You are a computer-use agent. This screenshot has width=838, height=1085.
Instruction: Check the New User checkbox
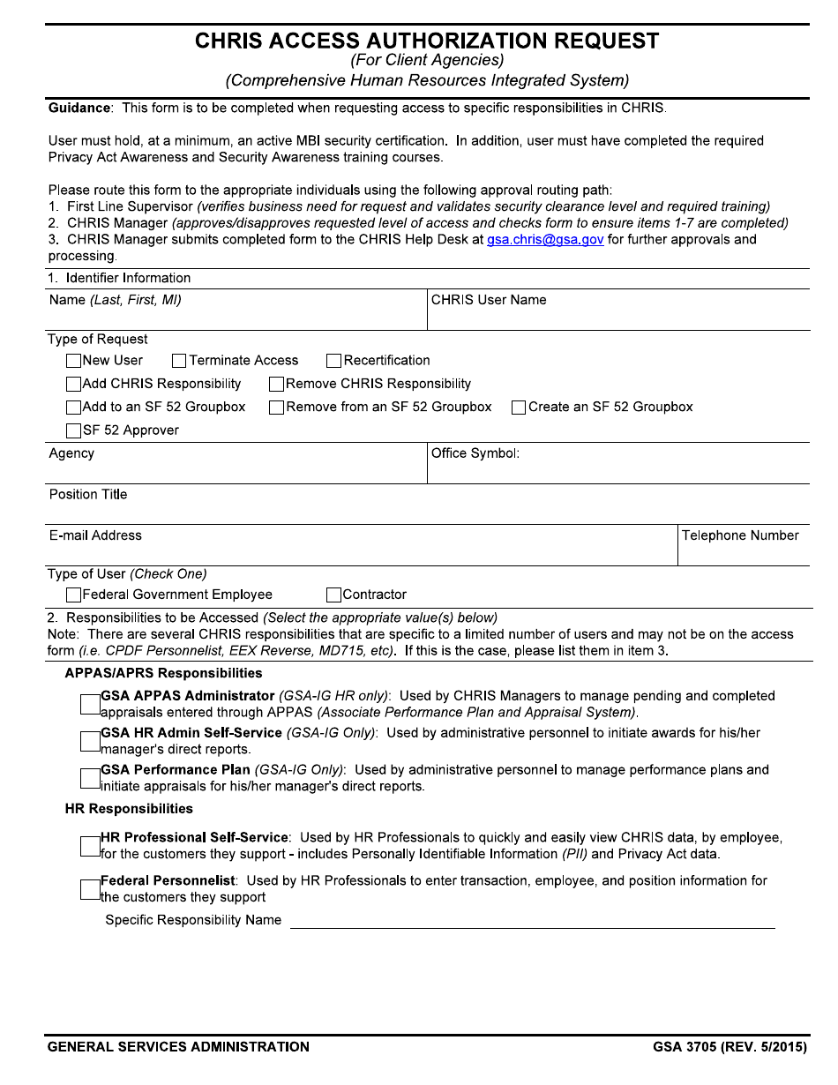73,361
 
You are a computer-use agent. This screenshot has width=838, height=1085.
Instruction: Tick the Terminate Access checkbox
179,361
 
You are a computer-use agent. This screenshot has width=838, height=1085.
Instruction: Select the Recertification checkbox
333,361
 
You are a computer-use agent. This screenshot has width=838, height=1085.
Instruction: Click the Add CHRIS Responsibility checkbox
73,385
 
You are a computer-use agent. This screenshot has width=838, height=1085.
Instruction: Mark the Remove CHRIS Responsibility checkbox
276,385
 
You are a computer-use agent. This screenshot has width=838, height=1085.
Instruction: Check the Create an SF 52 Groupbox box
519,408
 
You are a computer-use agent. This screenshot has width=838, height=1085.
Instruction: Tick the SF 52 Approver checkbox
73,431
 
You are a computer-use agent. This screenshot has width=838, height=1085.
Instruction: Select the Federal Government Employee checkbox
73,595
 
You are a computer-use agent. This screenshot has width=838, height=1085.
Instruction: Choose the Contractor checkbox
333,595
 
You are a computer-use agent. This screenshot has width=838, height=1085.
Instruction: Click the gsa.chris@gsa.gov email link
545,240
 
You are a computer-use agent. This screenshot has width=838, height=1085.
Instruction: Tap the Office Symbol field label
475,453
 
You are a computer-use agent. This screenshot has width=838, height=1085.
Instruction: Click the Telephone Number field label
740,535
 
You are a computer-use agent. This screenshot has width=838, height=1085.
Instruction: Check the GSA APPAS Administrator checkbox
89,704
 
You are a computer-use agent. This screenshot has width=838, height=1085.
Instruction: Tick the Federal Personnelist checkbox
89,889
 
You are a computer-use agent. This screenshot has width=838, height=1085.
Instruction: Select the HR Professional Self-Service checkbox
89,846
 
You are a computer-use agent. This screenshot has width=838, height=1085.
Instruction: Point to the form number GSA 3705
684,1047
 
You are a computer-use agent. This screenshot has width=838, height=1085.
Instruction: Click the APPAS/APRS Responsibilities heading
163,673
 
